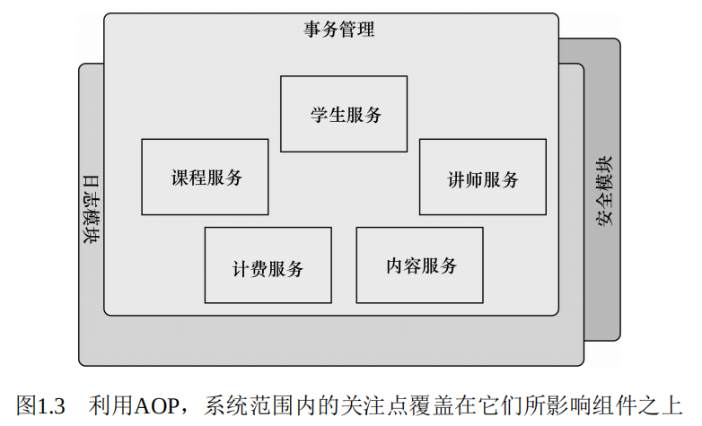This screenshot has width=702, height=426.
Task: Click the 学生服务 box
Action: pyautogui.click(x=344, y=114)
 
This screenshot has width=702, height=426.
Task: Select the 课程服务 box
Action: pyautogui.click(x=205, y=177)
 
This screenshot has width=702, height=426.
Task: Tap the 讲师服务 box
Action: pyautogui.click(x=482, y=177)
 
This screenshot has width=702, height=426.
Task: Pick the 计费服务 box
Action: pyautogui.click(x=268, y=265)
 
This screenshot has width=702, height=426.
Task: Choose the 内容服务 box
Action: pyautogui.click(x=419, y=265)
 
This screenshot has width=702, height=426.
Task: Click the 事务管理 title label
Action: pyautogui.click(x=338, y=30)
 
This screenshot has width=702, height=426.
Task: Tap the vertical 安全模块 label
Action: pyautogui.click(x=606, y=191)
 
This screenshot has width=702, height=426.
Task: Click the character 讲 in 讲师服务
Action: pyautogui.click(x=457, y=178)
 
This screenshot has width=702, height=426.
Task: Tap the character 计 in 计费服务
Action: pyautogui.click(x=241, y=266)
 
